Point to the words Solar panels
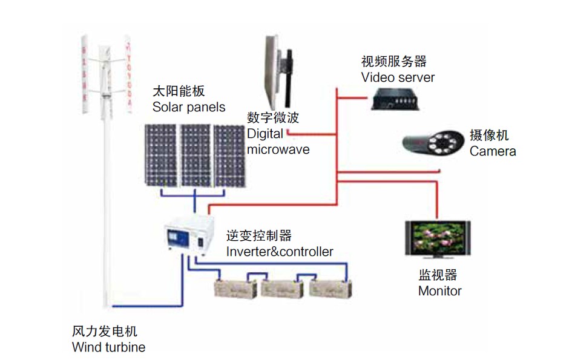pyautogui.click(x=189, y=107)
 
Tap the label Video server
pyautogui.click(x=398, y=77)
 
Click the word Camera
pyautogui.click(x=493, y=151)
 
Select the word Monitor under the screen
pyautogui.click(x=439, y=290)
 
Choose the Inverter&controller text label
pyautogui.click(x=280, y=251)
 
